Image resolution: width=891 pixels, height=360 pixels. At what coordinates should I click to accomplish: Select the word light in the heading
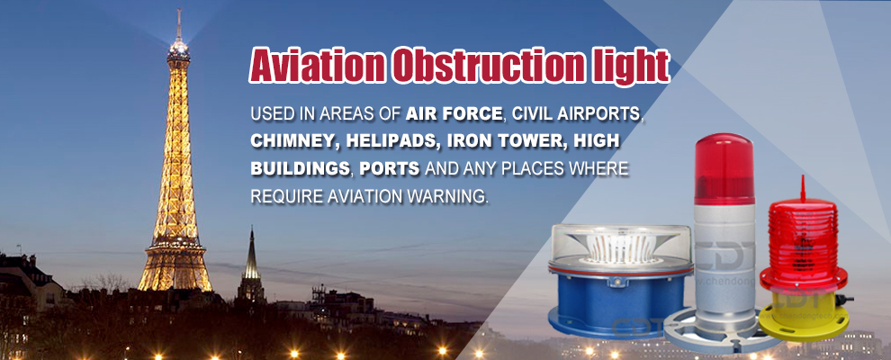pos(634,67)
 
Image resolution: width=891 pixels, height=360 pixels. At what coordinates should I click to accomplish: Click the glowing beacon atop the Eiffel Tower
pos(178,45)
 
